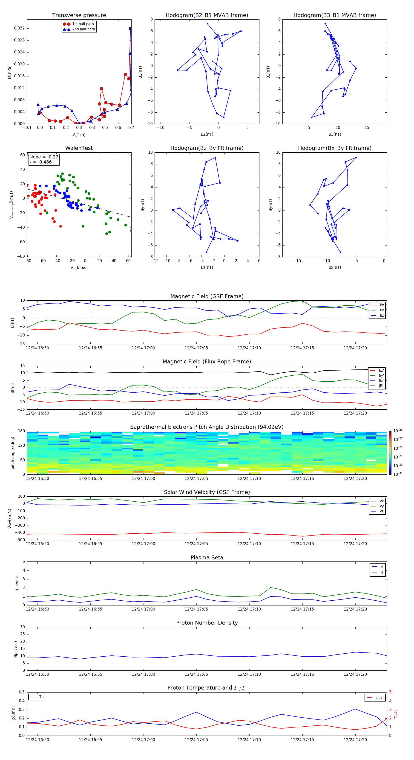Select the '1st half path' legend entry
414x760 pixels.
pyautogui.click(x=83, y=24)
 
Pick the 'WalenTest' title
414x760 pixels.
pyautogui.click(x=79, y=148)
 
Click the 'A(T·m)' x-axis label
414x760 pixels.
pyautogui.click(x=79, y=134)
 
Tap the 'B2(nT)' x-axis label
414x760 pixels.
pyautogui.click(x=207, y=134)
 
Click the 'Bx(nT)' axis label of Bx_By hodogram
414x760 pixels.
pyautogui.click(x=334, y=267)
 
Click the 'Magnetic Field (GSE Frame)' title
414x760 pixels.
pyautogui.click(x=207, y=296)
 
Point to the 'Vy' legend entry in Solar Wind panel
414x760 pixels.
pyautogui.click(x=381, y=506)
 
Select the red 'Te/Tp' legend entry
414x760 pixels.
pyautogui.click(x=379, y=697)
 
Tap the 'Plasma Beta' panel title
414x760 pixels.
pyautogui.click(x=207, y=558)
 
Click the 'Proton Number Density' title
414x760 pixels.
pyautogui.click(x=207, y=623)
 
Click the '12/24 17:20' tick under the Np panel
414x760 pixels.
pyautogui.click(x=355, y=674)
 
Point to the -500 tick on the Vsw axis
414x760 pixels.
pyautogui.click(x=21, y=540)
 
